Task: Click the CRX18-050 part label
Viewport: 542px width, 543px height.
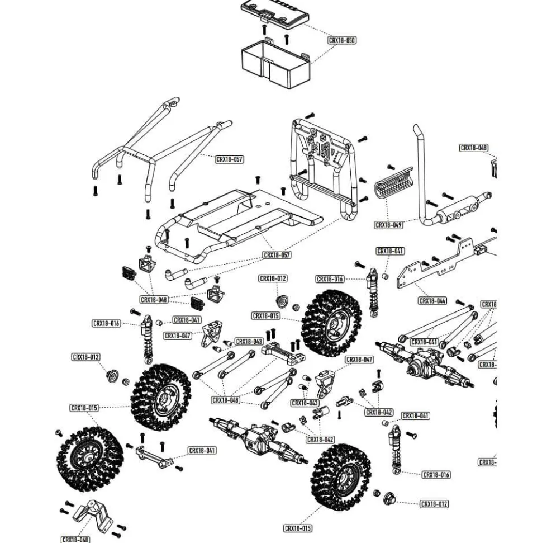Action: pyautogui.click(x=341, y=40)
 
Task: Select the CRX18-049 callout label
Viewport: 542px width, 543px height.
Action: pyautogui.click(x=388, y=225)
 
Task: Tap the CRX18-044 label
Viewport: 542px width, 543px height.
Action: pyautogui.click(x=432, y=301)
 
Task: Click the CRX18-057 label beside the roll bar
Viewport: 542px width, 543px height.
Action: pyautogui.click(x=229, y=159)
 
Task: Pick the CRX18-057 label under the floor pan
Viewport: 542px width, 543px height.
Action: pyautogui.click(x=277, y=255)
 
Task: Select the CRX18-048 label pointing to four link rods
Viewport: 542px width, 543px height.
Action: pyautogui.click(x=225, y=400)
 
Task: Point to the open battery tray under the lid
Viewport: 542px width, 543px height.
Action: pyautogui.click(x=275, y=64)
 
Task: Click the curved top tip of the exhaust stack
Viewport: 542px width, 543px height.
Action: pyautogui.click(x=418, y=132)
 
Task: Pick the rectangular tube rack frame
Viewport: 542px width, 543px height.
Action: pyautogui.click(x=324, y=168)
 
